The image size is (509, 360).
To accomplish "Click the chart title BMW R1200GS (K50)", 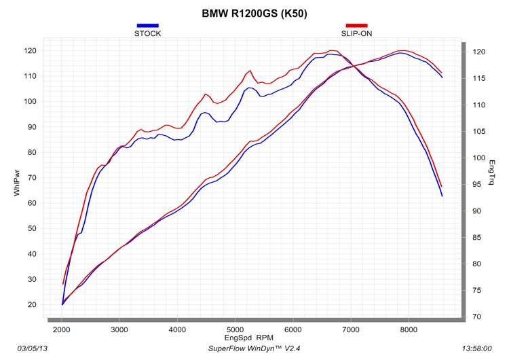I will tap(254, 13).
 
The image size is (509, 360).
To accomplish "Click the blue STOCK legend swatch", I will tap(147, 26).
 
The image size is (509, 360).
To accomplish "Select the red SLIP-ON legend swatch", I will tap(356, 26).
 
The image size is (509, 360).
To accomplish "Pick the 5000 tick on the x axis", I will tap(235, 329).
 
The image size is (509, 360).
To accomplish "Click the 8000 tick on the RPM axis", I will tap(409, 329).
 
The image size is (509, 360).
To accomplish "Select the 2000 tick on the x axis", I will tap(62, 329).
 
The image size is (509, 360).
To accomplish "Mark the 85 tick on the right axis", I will tap(476, 237).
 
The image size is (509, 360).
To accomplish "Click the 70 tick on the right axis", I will tap(476, 317).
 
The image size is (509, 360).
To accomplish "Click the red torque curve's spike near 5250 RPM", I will tap(250, 71).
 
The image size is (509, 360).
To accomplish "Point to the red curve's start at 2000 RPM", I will tap(62, 284).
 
